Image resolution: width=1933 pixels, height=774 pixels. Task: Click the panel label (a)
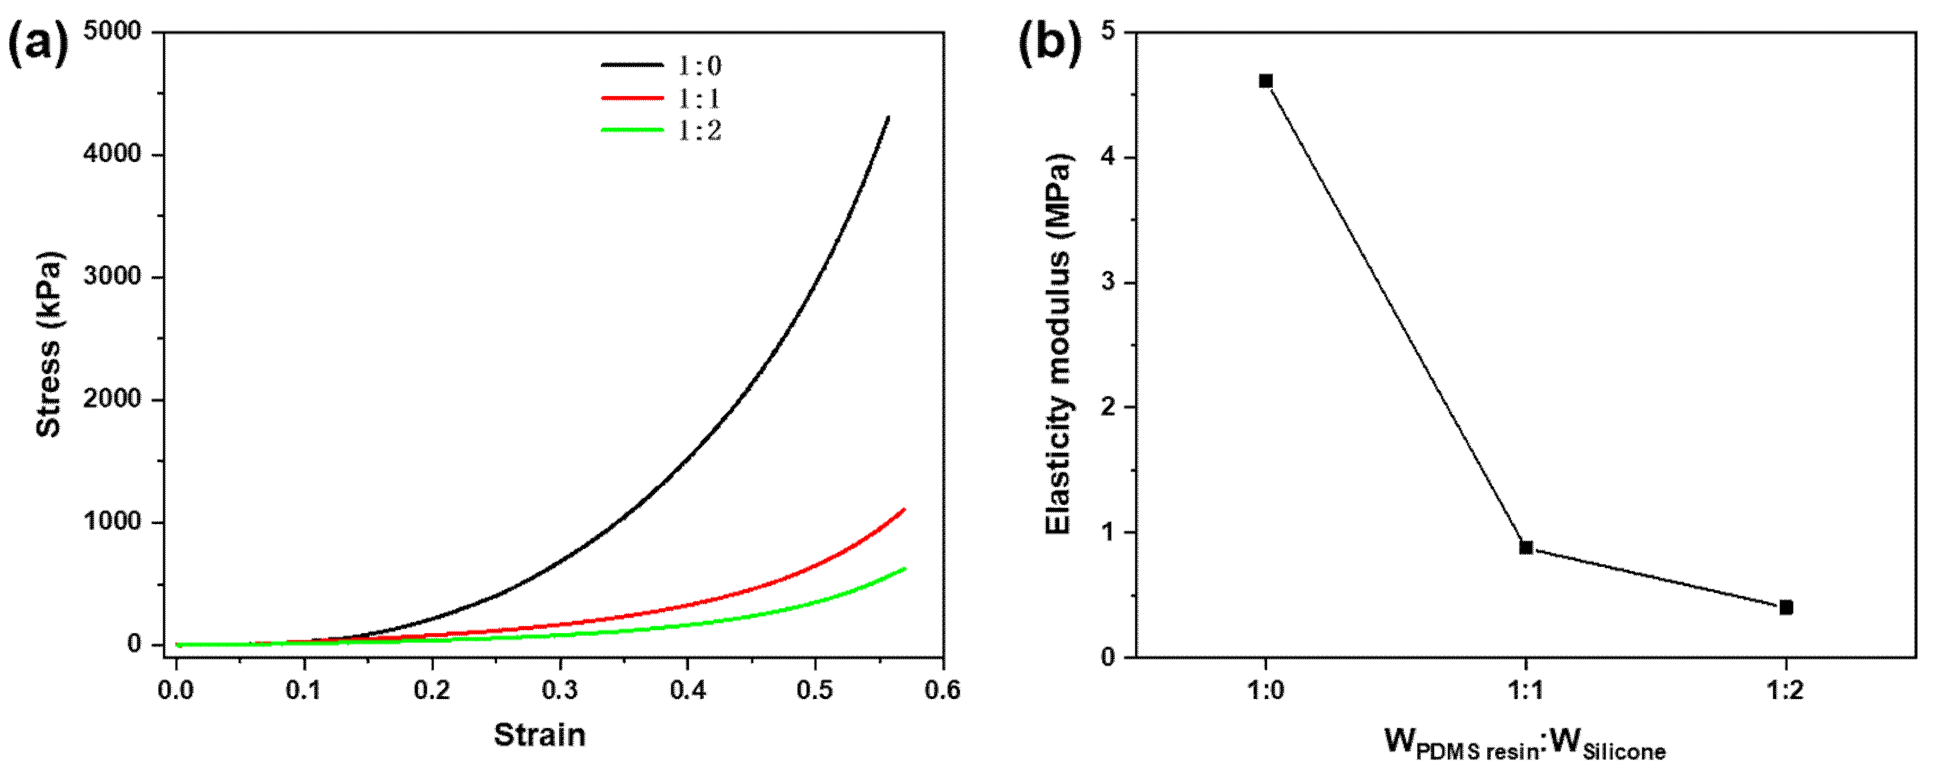coord(37,43)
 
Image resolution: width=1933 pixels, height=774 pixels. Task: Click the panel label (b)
coord(1049,43)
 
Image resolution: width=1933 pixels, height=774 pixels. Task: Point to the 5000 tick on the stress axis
coord(112,32)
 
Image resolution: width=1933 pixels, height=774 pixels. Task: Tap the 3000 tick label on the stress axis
coord(112,276)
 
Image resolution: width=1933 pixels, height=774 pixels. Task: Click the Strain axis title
coord(540,735)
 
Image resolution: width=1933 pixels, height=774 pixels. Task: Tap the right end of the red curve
coord(904,510)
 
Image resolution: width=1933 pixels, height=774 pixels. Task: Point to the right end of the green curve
coord(904,569)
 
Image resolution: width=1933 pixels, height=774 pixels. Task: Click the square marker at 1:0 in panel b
coord(1266,81)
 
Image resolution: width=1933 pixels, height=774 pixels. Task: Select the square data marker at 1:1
coord(1525,548)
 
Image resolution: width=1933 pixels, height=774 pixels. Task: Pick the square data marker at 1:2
coord(1786,608)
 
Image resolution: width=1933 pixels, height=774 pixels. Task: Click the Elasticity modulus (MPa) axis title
coord(1058,345)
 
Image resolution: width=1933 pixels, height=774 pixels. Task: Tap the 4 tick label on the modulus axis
coord(1107,157)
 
